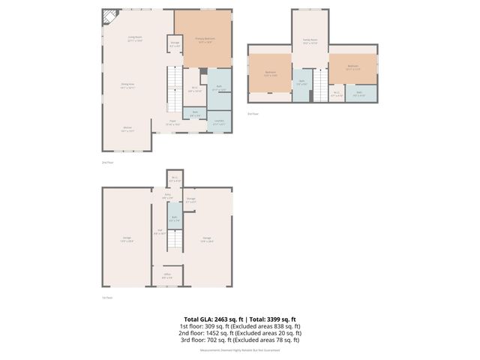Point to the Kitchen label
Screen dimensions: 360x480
[x=128, y=129]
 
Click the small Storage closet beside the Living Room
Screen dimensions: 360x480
[x=174, y=44]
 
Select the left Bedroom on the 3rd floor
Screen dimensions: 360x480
[x=270, y=73]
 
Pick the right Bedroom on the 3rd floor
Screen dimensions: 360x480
[x=352, y=67]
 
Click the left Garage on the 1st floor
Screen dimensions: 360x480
[x=127, y=238]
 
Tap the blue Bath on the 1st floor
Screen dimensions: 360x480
[x=174, y=221]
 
